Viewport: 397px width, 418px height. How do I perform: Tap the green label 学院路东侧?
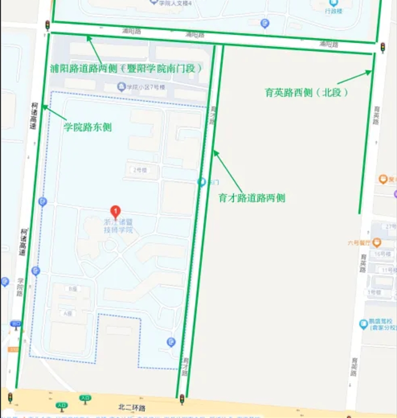tap(87, 128)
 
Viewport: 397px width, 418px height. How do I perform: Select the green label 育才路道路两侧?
tap(252, 198)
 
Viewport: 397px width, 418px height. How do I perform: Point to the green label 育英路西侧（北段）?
tap(306, 92)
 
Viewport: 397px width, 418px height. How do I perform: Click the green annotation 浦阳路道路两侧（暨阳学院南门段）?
tap(127, 69)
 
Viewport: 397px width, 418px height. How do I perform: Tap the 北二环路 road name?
tap(132, 408)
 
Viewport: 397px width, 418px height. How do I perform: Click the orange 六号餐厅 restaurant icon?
tap(377, 243)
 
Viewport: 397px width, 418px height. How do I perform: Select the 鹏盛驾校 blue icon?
tap(363, 324)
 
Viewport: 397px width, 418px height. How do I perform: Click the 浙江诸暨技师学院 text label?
tap(118, 226)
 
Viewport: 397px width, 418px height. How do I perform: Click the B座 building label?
tap(73, 289)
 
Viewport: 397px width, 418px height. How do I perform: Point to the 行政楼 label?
tap(334, 10)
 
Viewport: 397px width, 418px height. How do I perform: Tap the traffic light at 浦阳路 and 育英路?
tap(383, 47)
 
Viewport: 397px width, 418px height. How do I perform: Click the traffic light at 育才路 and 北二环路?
tap(182, 399)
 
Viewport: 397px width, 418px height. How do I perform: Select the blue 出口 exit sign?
tap(16, 324)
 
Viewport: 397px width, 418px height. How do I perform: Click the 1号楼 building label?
tap(374, 292)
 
